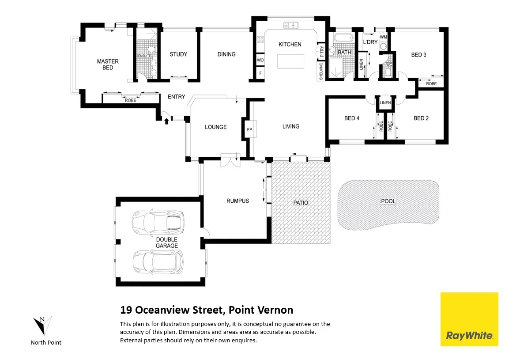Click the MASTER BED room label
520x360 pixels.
click(108, 64)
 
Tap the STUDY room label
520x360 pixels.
click(178, 54)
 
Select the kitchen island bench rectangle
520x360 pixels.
click(290, 61)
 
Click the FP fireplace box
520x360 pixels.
click(249, 129)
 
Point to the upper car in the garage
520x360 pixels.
click(158, 222)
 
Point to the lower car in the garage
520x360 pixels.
click(158, 261)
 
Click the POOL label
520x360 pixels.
click(388, 201)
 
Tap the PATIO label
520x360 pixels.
click(301, 203)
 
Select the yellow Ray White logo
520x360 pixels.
click(469, 319)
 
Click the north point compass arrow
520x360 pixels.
click(43, 326)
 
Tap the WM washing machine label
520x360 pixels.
click(383, 37)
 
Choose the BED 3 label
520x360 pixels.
click(418, 55)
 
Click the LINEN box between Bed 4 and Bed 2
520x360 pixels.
click(385, 103)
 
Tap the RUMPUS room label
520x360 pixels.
click(237, 201)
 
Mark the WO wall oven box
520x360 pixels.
click(260, 60)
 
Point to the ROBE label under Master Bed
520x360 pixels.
click(130, 100)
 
